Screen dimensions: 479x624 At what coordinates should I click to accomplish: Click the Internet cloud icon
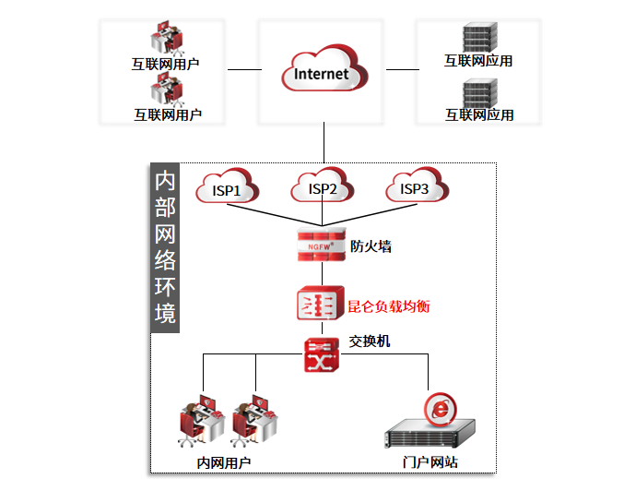pos(324,71)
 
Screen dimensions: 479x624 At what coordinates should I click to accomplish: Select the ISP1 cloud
pos(227,188)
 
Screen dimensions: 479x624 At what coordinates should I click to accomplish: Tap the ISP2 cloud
pos(323,188)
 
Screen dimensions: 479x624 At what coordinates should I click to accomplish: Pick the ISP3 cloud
pos(416,188)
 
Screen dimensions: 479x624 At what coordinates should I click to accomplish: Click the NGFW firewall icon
pos(322,245)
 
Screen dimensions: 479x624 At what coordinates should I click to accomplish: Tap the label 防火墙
pos(371,246)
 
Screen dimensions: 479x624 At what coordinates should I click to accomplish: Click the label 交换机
pos(370,341)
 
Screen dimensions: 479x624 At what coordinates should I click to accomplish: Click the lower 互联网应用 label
pos(479,115)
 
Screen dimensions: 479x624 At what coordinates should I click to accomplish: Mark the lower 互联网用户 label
pos(167,115)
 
